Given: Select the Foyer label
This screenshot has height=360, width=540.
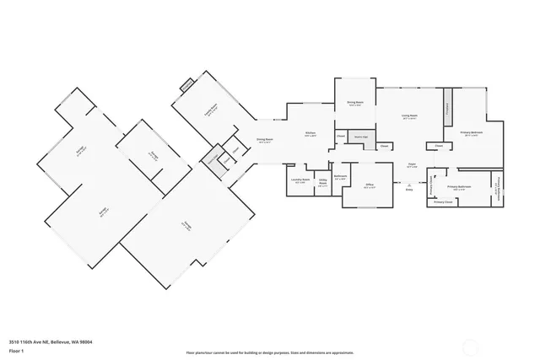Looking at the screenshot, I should pos(412,166).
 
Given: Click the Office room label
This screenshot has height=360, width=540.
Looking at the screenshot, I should pos(369,187).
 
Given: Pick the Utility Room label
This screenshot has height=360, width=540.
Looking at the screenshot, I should pos(323,183).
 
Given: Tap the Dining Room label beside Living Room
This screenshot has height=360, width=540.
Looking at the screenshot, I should pos(354,105).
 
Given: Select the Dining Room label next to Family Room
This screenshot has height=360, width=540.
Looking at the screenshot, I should pos(264,141).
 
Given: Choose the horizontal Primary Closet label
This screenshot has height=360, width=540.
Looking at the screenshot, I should pos(443,202).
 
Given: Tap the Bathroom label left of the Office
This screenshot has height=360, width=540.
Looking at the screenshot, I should pos(340,178).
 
